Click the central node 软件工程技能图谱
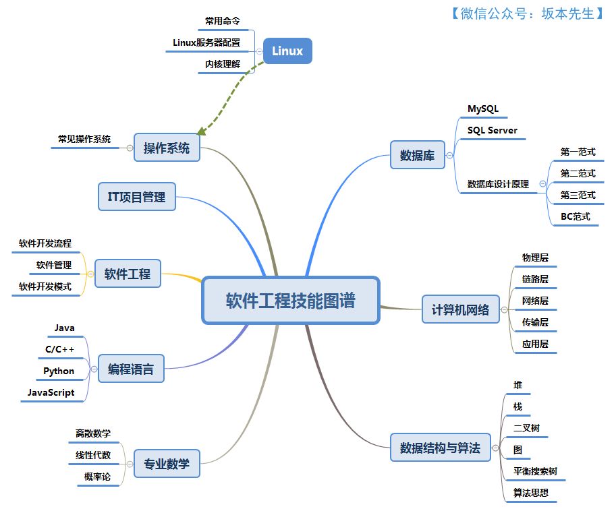(290, 300)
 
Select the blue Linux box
(287, 51)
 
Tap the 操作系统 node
(167, 148)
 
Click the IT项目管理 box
(136, 197)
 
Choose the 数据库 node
(417, 156)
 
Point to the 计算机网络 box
(460, 310)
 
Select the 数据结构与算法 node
(440, 448)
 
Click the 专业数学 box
(167, 464)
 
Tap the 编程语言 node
(131, 369)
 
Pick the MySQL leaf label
(483, 109)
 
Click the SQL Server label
(493, 130)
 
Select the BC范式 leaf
(576, 216)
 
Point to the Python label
(59, 371)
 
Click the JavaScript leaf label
(51, 392)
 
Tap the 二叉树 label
(526, 427)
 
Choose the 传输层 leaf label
(535, 322)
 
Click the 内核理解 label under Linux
(223, 64)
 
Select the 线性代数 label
(93, 455)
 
